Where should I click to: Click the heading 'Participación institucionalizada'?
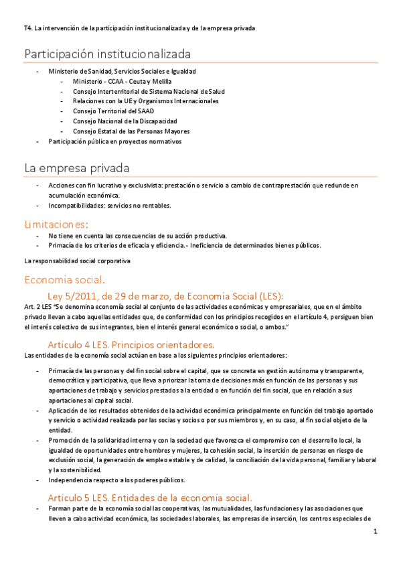point(108,54)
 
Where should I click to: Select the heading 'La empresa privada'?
point(77,167)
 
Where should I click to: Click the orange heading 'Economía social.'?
point(64,279)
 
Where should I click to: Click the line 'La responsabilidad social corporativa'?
point(77,260)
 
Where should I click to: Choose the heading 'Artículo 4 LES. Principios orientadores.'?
point(131,344)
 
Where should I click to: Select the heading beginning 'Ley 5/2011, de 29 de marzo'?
point(165,295)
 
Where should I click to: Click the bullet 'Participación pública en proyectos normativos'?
point(115,141)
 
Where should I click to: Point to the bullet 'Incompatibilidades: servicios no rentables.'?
point(110,205)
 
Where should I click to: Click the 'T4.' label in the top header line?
point(27,27)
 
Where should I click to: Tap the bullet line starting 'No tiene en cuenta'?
point(138,235)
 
